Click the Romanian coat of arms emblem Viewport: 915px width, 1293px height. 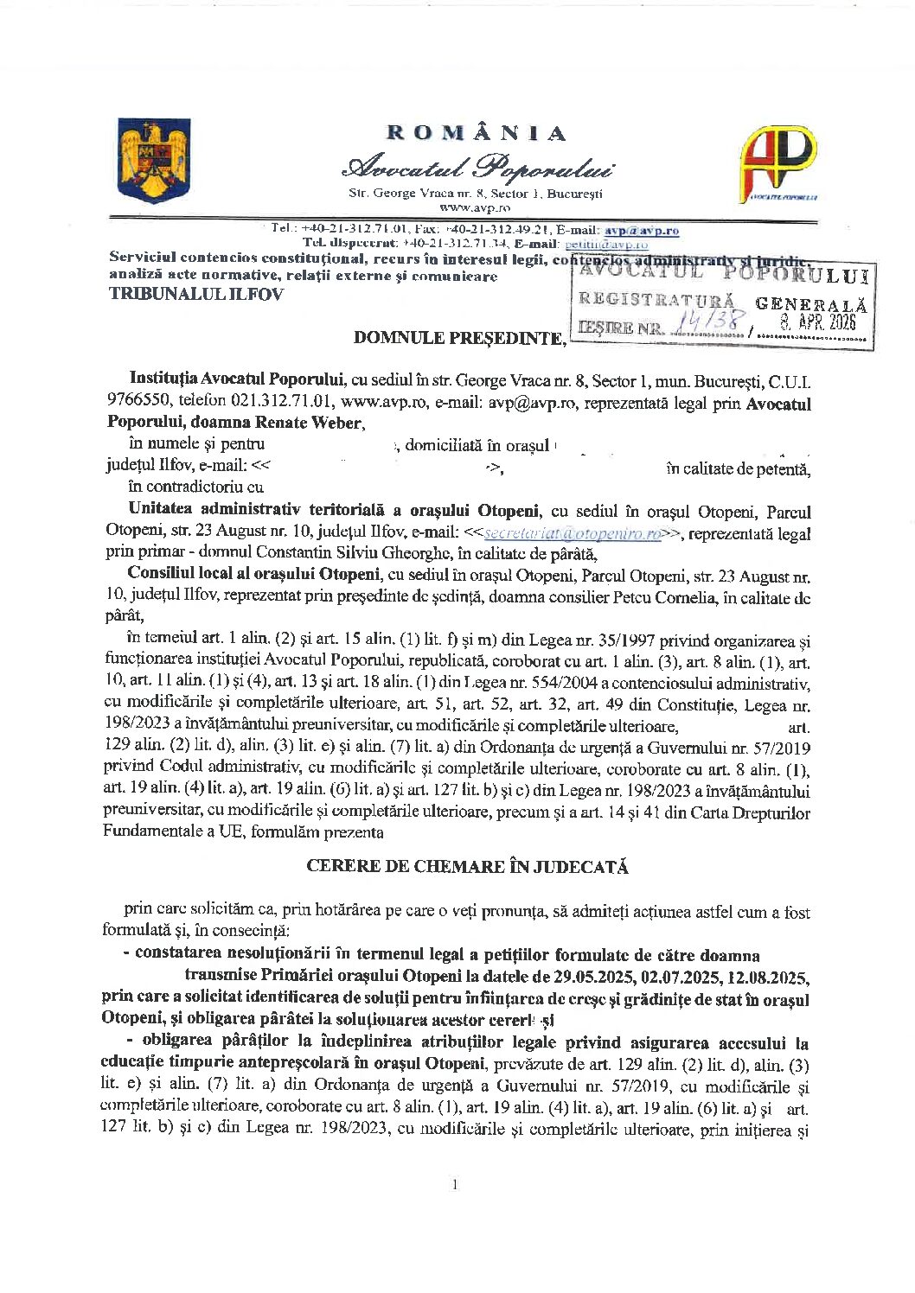153,160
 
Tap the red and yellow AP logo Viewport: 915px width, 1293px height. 777,162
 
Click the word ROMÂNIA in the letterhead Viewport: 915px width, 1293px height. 477,133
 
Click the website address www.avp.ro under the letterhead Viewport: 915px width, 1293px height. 475,207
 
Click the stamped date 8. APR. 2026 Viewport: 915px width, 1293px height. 818,322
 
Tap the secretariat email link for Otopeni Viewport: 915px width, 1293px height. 573,534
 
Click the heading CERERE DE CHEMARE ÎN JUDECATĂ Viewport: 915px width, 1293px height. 467,866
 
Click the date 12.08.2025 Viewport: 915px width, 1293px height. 769,977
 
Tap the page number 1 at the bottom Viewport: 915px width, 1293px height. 455,1184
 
